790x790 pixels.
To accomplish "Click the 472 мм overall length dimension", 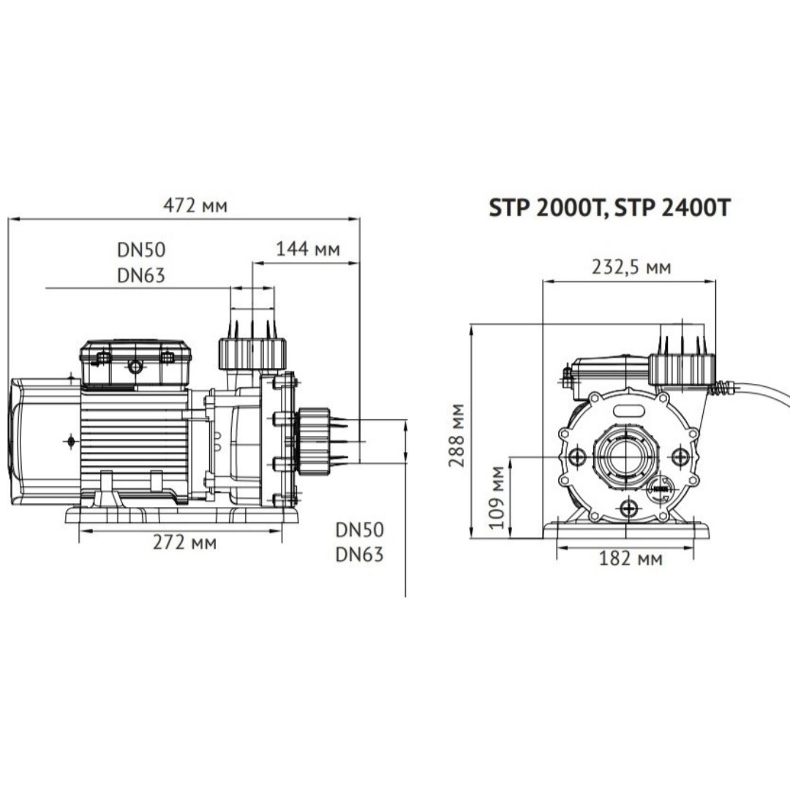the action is click(195, 206).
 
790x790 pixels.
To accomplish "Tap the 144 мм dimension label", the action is click(308, 249).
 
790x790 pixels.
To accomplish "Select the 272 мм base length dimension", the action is click(184, 543).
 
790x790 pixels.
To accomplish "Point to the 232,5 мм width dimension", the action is click(631, 266).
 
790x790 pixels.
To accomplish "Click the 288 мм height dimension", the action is click(457, 434).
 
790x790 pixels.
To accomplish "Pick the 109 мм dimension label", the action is click(497, 497).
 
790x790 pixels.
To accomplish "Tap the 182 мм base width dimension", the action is click(631, 558).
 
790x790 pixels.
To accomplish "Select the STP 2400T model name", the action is click(672, 207).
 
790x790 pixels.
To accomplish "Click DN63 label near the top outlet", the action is click(141, 276).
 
